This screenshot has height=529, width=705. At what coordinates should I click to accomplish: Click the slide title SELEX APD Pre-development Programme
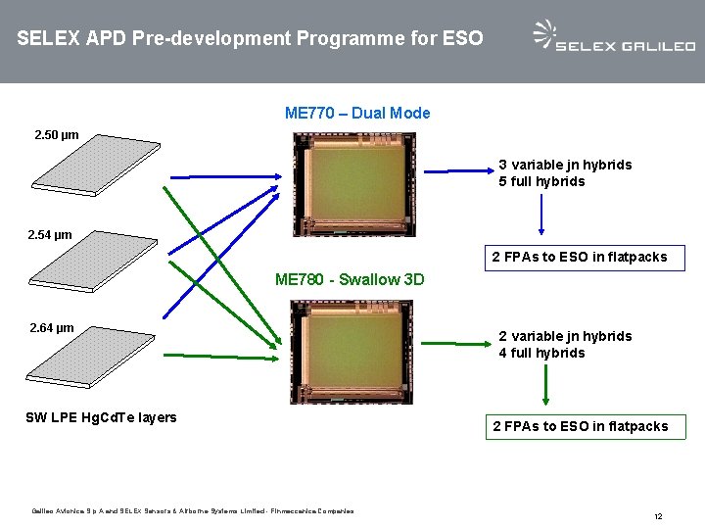tap(250, 39)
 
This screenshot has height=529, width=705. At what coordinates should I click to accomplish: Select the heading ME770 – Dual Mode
tap(357, 113)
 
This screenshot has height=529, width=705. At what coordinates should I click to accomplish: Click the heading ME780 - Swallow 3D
tap(350, 279)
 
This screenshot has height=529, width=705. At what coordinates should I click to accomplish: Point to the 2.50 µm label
tap(57, 134)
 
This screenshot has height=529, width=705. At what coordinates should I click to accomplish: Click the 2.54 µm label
tap(51, 235)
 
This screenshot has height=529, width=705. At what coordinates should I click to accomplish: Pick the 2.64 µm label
tap(52, 327)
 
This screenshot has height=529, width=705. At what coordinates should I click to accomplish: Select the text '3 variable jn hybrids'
tap(565, 165)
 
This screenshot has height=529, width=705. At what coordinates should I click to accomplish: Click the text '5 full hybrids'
tap(541, 181)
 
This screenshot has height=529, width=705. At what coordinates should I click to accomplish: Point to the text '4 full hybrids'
tap(541, 353)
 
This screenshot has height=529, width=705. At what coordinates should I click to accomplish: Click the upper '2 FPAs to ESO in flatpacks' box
tap(579, 257)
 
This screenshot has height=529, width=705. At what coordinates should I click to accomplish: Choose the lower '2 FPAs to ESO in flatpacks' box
tap(580, 426)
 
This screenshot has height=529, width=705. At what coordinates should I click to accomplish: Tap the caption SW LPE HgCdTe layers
tap(101, 417)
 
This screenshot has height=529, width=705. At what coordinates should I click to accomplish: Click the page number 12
tap(658, 515)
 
